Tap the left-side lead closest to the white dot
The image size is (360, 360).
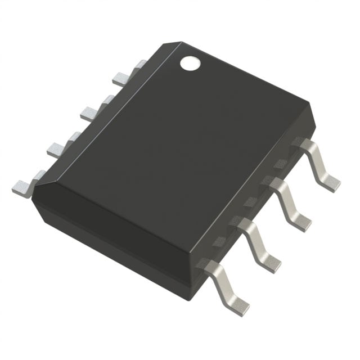[122, 78]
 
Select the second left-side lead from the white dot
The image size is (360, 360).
[90, 112]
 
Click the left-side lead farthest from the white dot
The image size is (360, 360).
[22, 186]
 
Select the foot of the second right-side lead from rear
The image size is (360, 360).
[301, 221]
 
